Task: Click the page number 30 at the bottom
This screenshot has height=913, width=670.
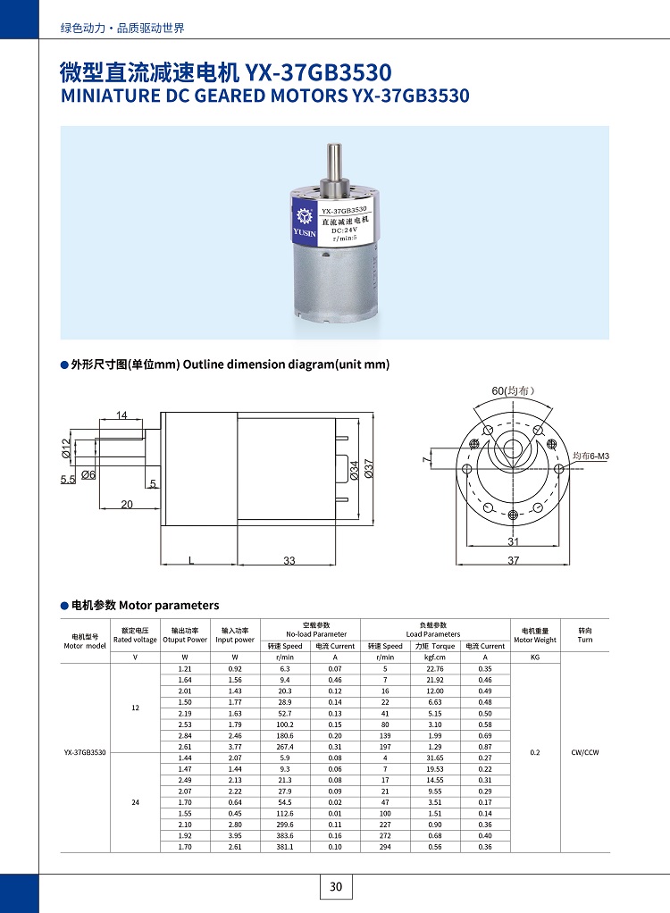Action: tap(336, 886)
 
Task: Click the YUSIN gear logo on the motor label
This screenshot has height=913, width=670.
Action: tap(303, 217)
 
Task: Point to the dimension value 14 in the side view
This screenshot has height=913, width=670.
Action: tap(122, 415)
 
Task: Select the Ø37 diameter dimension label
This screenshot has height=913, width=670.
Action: tap(368, 468)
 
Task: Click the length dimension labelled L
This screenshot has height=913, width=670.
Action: tap(191, 560)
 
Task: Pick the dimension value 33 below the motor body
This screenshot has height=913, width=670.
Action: tap(289, 560)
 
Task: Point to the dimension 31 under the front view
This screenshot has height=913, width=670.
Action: tap(514, 541)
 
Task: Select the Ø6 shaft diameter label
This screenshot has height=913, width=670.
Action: tap(88, 474)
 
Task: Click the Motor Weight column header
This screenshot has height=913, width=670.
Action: tap(534, 635)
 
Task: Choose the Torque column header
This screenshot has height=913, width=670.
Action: tap(435, 646)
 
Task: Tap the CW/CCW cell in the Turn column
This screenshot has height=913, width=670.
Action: tap(585, 752)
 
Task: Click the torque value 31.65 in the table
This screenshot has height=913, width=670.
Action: tap(435, 758)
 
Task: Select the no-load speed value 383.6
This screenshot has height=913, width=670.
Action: tap(286, 835)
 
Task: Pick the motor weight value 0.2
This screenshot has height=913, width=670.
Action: tap(534, 752)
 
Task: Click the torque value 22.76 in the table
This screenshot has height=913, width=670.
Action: tap(435, 668)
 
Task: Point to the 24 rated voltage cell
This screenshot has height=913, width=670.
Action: tap(135, 802)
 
